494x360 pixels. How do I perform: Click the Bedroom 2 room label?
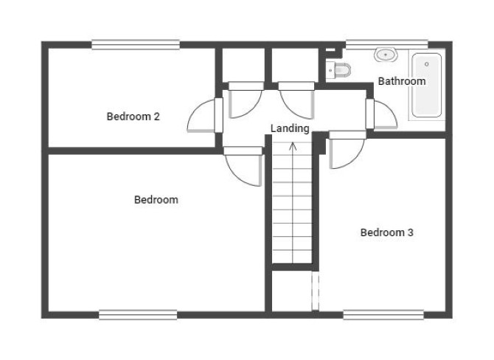(133, 117)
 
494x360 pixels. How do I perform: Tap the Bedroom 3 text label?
(386, 232)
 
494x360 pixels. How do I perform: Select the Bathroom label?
(402, 81)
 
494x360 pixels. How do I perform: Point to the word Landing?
(290, 128)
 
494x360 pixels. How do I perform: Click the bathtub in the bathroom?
(427, 85)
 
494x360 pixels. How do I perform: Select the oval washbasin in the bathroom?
(386, 55)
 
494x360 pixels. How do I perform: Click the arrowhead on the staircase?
(293, 145)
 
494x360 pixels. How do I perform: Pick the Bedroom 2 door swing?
(201, 115)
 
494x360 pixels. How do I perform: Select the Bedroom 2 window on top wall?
(136, 44)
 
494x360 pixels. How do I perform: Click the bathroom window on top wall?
(387, 44)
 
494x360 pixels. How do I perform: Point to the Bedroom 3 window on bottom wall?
(383, 314)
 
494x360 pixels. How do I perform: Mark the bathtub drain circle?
(427, 64)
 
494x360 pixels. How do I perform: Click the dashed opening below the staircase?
(316, 291)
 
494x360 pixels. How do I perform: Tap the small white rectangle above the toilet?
(330, 50)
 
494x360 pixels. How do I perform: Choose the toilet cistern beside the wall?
(330, 70)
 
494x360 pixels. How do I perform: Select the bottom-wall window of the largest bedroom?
(138, 314)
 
